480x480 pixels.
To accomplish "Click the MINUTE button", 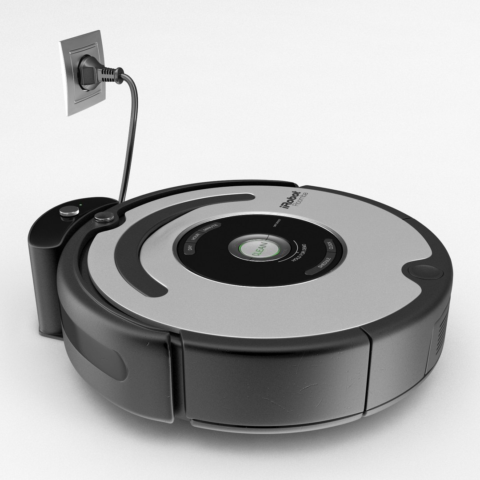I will pos(210,229).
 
